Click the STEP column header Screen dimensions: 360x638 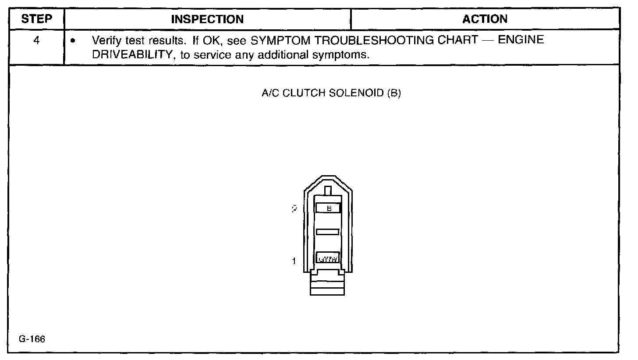click(37, 19)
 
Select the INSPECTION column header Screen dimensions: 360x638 click(207, 19)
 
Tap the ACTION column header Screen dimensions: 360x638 click(485, 19)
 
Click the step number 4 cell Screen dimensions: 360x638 click(37, 40)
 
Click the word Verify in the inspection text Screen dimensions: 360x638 click(104, 40)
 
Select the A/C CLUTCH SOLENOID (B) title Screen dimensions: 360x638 click(331, 93)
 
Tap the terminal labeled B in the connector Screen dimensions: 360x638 click(328, 208)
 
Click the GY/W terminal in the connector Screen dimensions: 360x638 click(328, 259)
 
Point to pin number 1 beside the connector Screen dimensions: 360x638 click(294, 261)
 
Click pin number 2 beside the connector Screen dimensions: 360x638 click(294, 209)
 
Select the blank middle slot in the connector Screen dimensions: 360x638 click(328, 231)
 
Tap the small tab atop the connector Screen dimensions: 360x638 click(328, 191)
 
